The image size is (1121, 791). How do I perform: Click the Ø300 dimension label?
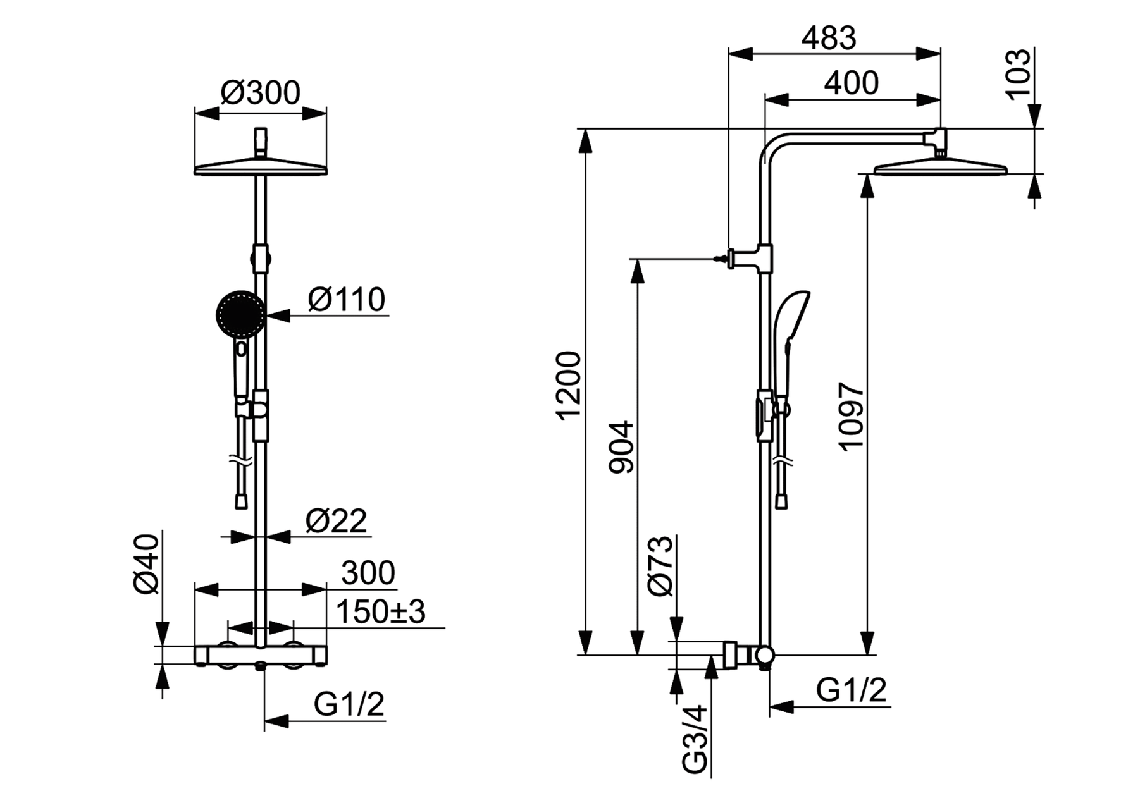click(260, 93)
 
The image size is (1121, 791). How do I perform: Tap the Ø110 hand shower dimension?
click(346, 299)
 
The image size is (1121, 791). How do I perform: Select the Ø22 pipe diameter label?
click(336, 521)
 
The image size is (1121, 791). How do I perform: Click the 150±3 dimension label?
click(380, 611)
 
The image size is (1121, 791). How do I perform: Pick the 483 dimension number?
click(829, 39)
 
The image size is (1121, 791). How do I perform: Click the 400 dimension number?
click(851, 83)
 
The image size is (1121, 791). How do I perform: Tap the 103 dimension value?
click(1018, 74)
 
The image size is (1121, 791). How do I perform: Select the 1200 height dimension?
click(567, 386)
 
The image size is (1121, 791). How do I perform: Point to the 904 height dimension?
click(621, 447)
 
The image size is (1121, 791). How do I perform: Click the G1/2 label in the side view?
click(851, 690)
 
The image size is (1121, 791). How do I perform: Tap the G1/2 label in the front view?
click(349, 704)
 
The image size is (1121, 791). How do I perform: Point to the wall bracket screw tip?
click(714, 259)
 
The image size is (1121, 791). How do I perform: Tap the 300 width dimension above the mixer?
click(368, 573)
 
